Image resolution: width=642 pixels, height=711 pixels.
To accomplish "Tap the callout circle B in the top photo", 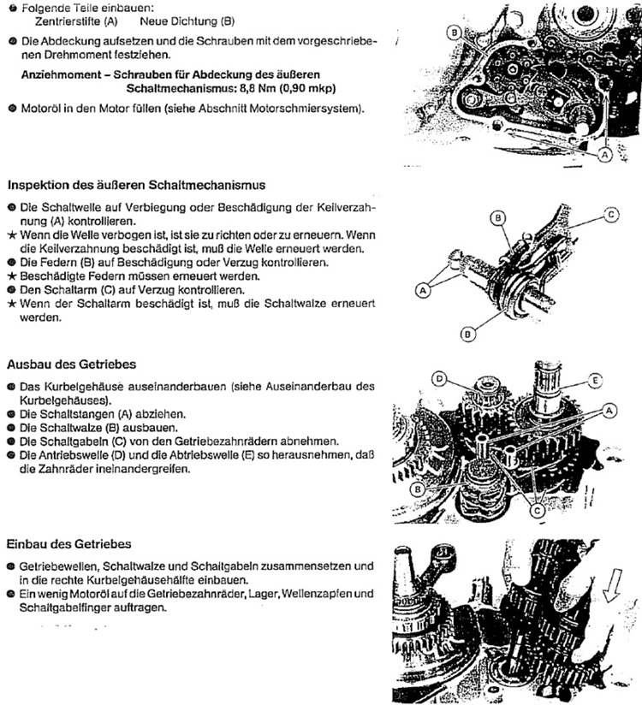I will click(x=453, y=33).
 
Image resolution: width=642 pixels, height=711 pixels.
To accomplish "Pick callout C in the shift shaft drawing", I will click(x=610, y=216).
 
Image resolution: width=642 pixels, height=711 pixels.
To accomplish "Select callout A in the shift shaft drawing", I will click(x=423, y=291).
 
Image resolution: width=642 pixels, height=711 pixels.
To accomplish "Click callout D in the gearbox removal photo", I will click(x=439, y=377).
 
